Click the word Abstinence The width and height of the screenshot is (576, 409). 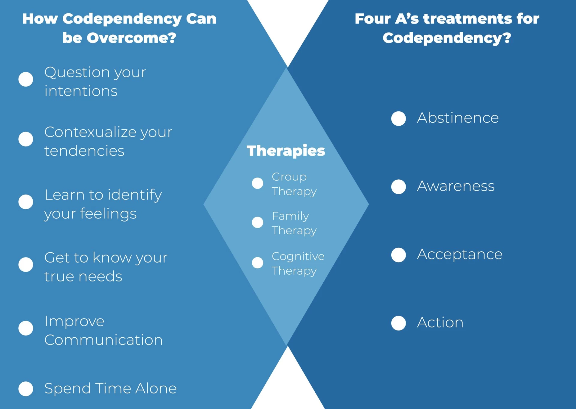[x=457, y=118]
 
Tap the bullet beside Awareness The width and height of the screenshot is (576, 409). [x=398, y=187]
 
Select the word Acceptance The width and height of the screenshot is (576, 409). [x=460, y=255]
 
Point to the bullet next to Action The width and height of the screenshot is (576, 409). [x=398, y=323]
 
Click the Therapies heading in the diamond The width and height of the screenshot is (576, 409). [x=286, y=151]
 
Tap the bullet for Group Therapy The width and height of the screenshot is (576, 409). [x=257, y=183]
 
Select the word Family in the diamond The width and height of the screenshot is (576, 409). [x=290, y=216]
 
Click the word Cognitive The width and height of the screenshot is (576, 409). [x=298, y=256]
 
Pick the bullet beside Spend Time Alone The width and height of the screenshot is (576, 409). [x=26, y=389]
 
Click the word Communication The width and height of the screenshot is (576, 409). [x=103, y=340]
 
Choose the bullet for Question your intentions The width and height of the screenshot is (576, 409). [x=26, y=79]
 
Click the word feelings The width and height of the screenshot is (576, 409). [x=108, y=214]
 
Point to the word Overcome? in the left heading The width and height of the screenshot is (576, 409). [x=131, y=38]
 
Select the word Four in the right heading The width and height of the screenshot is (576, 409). [x=372, y=19]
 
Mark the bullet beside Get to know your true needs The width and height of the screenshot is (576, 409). [x=26, y=265]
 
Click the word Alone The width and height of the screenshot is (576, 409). [x=156, y=389]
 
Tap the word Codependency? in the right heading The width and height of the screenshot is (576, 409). [x=447, y=38]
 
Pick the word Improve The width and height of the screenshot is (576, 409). [x=74, y=321]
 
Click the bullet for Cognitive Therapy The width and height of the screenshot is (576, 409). [x=257, y=263]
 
